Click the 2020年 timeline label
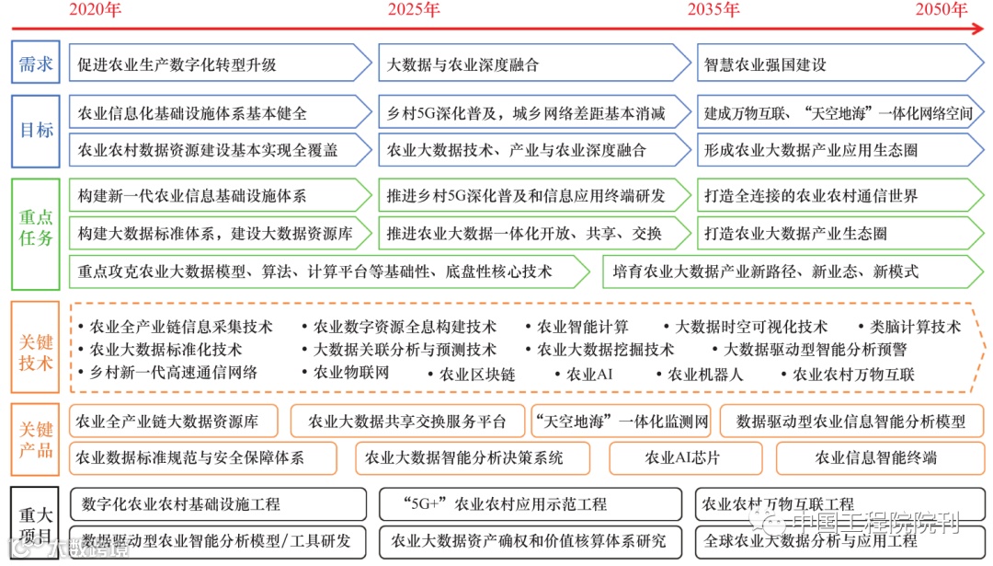96,10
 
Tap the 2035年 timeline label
713,10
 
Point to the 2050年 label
941,10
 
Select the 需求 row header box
36,64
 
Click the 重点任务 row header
36,228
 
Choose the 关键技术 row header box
36,351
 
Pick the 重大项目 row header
36,524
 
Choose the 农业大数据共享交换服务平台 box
407,422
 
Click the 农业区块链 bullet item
476,375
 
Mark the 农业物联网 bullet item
351,373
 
